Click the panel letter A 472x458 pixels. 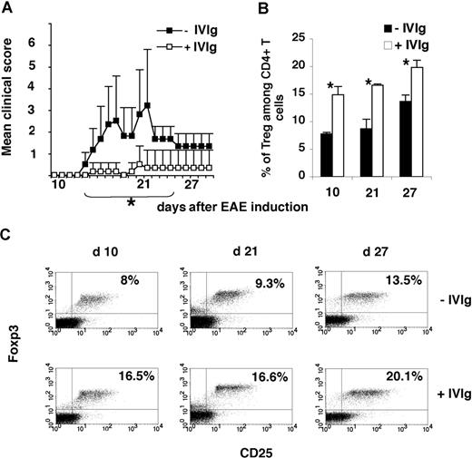pos(8,9)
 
